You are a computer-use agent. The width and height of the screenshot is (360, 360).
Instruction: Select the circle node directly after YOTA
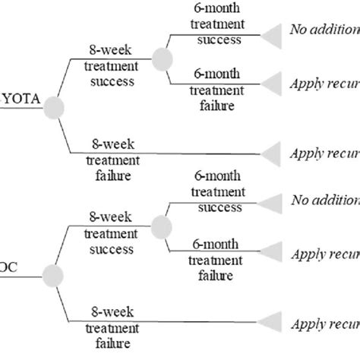tap(52, 109)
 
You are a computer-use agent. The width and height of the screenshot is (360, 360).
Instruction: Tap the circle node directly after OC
tap(52, 274)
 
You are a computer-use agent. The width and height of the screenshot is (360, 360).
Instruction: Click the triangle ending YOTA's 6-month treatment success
tap(271, 33)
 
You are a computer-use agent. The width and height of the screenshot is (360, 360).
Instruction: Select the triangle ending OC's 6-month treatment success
tap(271, 201)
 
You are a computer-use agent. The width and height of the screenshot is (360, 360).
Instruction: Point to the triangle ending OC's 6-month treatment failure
tap(271, 251)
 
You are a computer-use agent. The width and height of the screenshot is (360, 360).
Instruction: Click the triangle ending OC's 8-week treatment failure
tap(271, 320)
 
